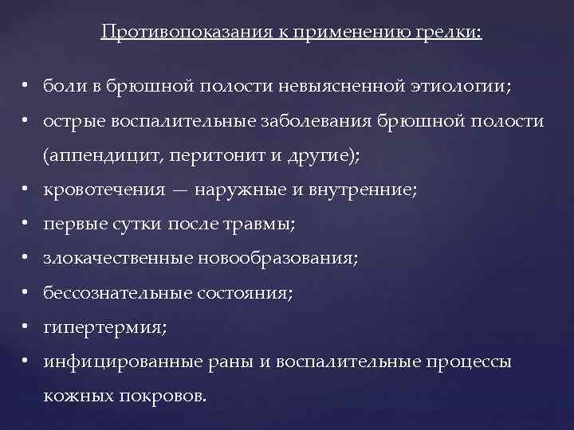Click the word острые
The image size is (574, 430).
click(68, 123)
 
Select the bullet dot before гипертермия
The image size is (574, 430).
click(26, 327)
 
